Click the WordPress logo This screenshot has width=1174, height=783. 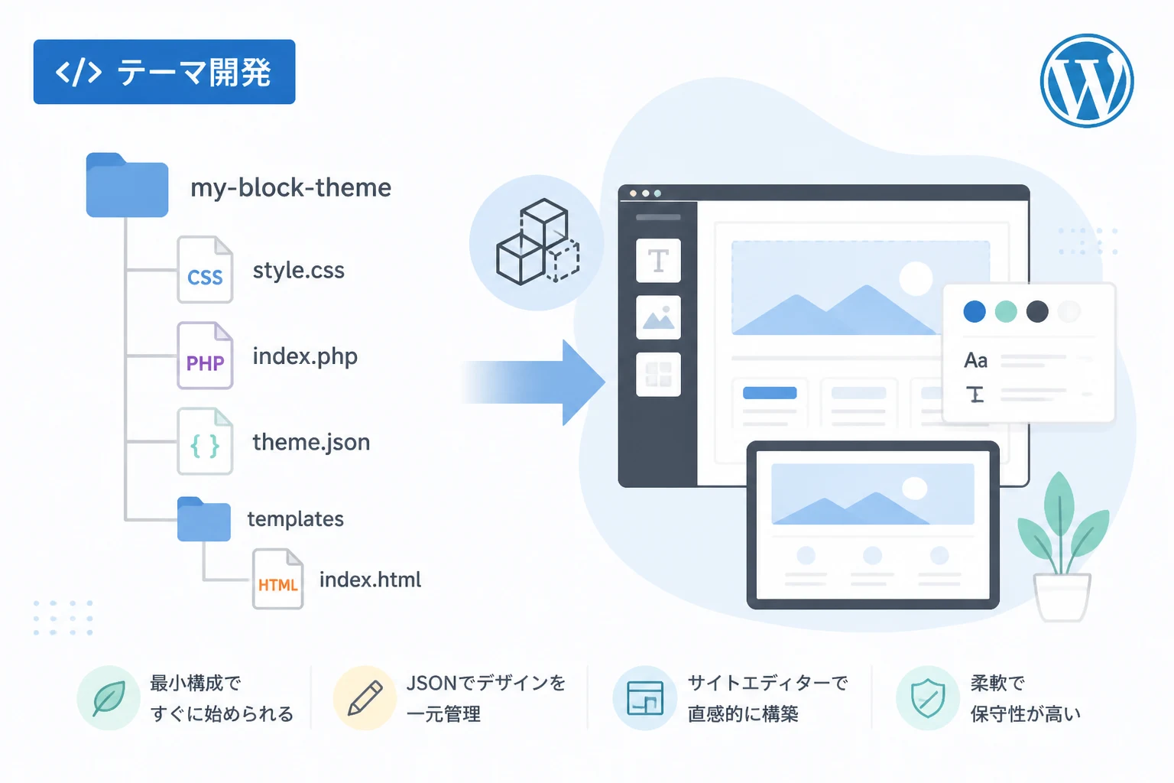point(1086,81)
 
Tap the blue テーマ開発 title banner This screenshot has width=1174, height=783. point(164,72)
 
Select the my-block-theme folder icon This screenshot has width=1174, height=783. point(127,184)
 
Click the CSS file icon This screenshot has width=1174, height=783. point(205,270)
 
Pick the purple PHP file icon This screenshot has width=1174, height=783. point(205,356)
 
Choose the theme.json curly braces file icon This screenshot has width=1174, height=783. point(205,442)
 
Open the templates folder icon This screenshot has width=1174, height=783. point(204,518)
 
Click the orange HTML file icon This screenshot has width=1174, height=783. point(277,579)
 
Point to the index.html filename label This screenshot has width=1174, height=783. point(370,580)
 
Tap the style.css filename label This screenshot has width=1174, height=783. point(299,271)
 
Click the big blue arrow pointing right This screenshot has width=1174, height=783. point(533,382)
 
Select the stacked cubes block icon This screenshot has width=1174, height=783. point(538,242)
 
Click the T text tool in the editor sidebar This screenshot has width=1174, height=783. point(658,261)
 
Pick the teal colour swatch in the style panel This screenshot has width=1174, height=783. point(1006,311)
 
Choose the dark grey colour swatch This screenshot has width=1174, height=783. point(1037,311)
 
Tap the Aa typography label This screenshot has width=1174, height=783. point(976,361)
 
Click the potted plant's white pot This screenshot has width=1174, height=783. point(1062,597)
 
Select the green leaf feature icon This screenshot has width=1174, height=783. point(109,698)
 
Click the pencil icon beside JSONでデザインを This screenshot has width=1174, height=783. point(365,698)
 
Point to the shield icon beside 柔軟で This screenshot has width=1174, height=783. point(928,698)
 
